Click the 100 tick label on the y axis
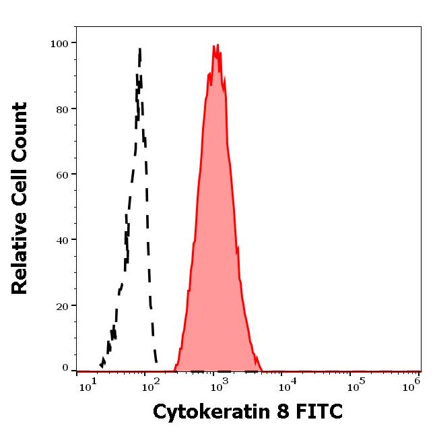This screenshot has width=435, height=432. click(x=60, y=44)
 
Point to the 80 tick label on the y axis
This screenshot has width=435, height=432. click(x=63, y=109)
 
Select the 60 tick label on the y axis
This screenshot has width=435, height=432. click(x=63, y=175)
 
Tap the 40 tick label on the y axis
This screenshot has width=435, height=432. click(x=63, y=240)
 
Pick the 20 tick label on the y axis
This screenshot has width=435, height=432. click(x=63, y=305)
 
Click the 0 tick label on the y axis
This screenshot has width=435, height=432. click(x=65, y=368)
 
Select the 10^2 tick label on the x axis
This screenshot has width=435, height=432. click(x=151, y=385)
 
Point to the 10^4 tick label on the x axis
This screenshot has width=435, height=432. click(x=286, y=385)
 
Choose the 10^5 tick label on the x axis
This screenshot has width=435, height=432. click(x=352, y=385)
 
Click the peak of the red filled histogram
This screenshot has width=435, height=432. click(x=217, y=45)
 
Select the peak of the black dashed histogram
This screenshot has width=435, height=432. click(x=139, y=49)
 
